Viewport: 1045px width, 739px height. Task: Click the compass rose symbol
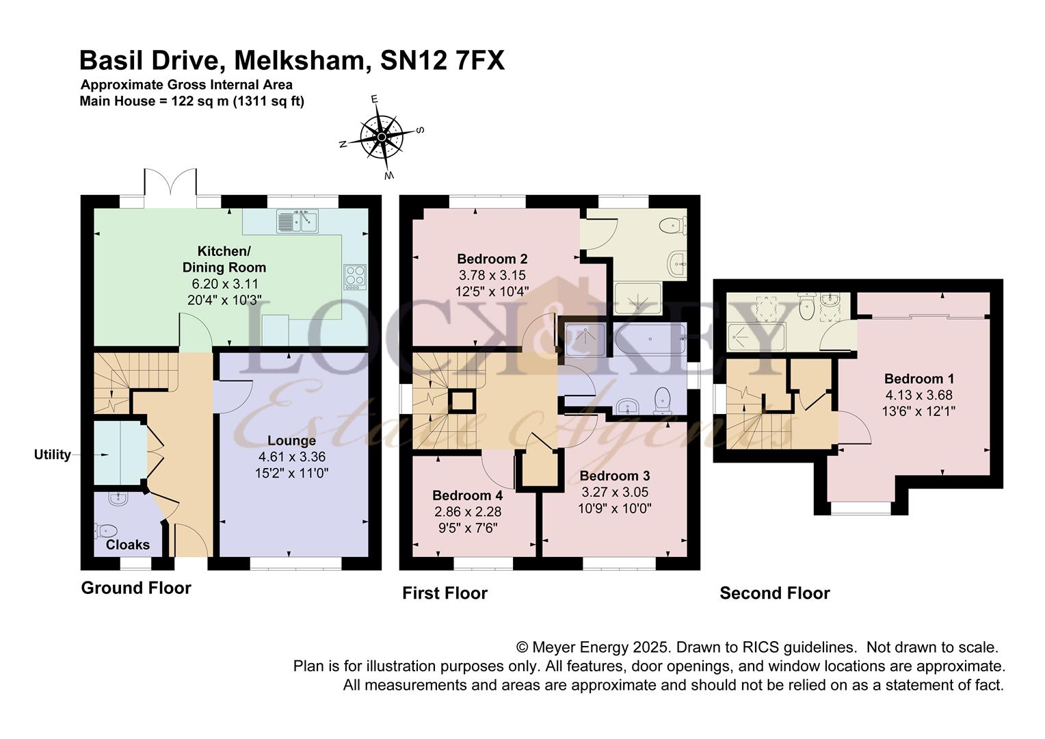[x=382, y=137]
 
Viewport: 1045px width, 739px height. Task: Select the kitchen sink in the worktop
[x=298, y=221]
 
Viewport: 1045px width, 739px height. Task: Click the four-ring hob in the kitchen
[x=354, y=276]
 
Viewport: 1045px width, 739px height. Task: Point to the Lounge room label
[x=291, y=441]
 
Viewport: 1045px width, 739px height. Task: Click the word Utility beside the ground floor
[x=53, y=455]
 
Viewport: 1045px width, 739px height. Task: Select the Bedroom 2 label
[x=492, y=259]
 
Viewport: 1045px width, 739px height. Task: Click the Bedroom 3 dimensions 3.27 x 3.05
[x=615, y=492]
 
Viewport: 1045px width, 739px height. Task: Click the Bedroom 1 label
[x=918, y=378]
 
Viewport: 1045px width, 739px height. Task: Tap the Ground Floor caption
[x=136, y=588]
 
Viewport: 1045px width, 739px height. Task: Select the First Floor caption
[x=445, y=593]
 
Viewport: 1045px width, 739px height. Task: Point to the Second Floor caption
[x=774, y=593]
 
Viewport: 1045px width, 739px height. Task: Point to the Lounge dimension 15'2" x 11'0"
[x=291, y=472]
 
